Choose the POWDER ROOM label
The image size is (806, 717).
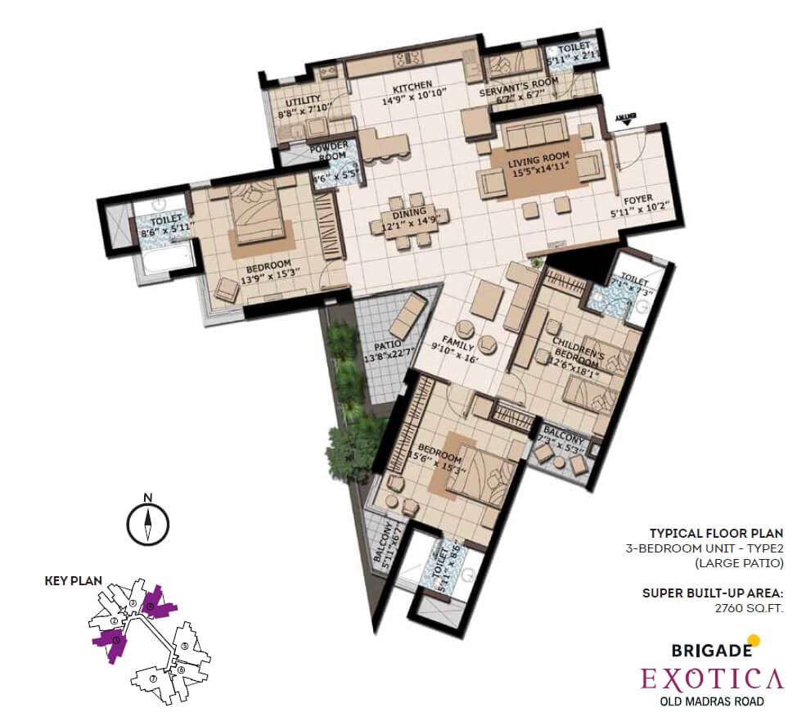pyautogui.click(x=330, y=151)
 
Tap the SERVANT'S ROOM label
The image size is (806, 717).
pyautogui.click(x=520, y=82)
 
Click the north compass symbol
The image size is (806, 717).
pyautogui.click(x=147, y=522)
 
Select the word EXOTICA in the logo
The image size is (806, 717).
pyautogui.click(x=711, y=678)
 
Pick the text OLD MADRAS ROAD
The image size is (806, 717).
pyautogui.click(x=711, y=701)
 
